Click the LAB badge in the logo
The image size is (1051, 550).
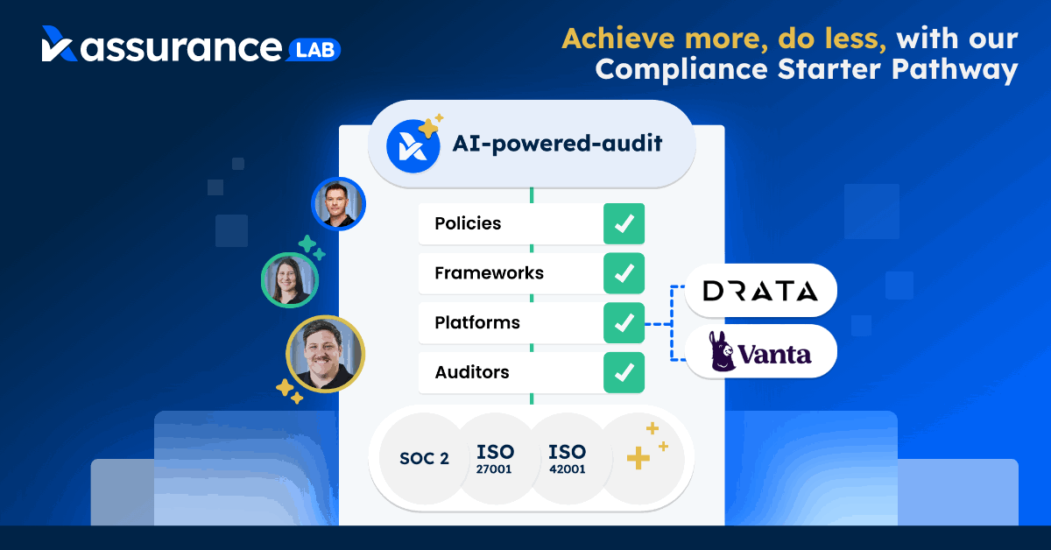pyautogui.click(x=314, y=50)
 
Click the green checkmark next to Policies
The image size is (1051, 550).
pyautogui.click(x=624, y=224)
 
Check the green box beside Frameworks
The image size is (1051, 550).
pyautogui.click(x=624, y=273)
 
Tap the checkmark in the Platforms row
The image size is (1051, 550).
pyautogui.click(x=624, y=323)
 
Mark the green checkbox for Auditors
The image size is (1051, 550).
pyautogui.click(x=624, y=372)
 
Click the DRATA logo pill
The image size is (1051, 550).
pyautogui.click(x=760, y=291)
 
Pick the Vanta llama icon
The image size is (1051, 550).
pyautogui.click(x=721, y=351)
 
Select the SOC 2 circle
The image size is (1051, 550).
pyautogui.click(x=424, y=459)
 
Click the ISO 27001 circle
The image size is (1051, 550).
pyautogui.click(x=495, y=459)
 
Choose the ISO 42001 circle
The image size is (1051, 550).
pyautogui.click(x=568, y=459)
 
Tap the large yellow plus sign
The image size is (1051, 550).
pyautogui.click(x=638, y=458)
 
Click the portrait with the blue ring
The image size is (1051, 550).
pyautogui.click(x=338, y=204)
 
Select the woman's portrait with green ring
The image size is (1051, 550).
pyautogui.click(x=290, y=280)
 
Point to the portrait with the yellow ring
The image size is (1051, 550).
pyautogui.click(x=325, y=354)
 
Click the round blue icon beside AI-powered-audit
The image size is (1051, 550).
pyautogui.click(x=413, y=146)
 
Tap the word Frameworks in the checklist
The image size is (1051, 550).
pyautogui.click(x=489, y=273)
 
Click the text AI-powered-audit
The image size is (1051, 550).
pyautogui.click(x=557, y=143)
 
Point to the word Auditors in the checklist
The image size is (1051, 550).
pyautogui.click(x=471, y=372)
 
